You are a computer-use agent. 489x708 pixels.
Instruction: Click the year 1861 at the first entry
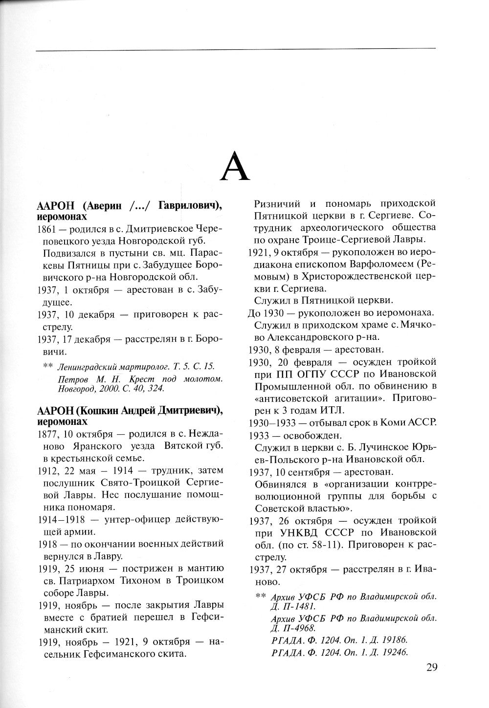point(46,229)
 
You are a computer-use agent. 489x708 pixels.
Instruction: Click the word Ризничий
point(275,203)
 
